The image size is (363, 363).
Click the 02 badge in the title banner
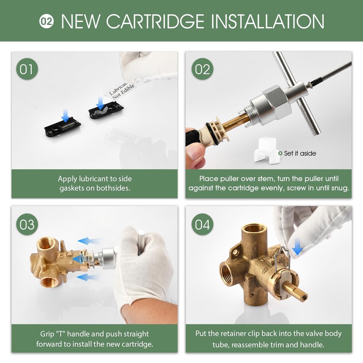(x=46, y=21)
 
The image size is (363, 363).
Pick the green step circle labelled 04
(x=203, y=224)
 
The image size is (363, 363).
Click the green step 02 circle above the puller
(x=203, y=69)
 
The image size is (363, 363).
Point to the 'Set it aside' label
(x=300, y=153)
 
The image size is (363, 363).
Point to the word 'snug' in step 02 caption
(x=339, y=188)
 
